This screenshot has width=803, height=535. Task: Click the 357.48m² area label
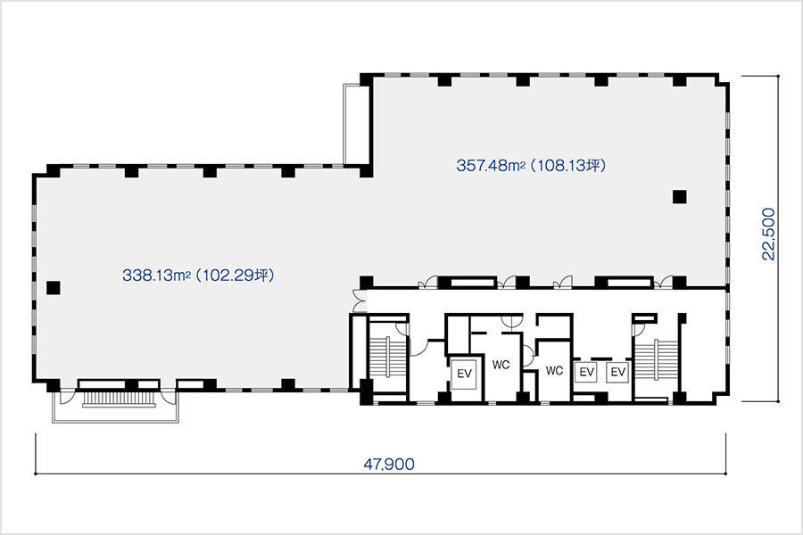[x=491, y=165]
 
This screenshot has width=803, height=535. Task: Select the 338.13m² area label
[x=156, y=276]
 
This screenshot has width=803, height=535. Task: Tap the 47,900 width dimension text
[x=389, y=465]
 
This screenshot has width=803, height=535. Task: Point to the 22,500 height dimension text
[x=769, y=234]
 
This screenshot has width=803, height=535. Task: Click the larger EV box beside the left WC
[x=464, y=374]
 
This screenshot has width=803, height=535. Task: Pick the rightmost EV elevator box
[x=618, y=372]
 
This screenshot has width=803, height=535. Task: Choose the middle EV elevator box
[x=586, y=372]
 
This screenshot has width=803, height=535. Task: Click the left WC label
[x=501, y=365]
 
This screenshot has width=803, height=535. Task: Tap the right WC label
[x=554, y=370]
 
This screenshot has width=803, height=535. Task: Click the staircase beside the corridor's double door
[x=387, y=364]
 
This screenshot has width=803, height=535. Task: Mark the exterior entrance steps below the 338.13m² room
[x=119, y=399]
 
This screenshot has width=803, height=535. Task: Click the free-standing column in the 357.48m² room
[x=679, y=196]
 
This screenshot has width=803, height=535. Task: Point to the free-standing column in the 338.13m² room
[x=54, y=288]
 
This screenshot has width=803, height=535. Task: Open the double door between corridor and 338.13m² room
[x=360, y=302]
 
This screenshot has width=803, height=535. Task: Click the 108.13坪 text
[x=568, y=165]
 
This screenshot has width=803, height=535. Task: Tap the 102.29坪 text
[x=236, y=276]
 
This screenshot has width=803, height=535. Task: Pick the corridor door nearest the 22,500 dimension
[x=666, y=281]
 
